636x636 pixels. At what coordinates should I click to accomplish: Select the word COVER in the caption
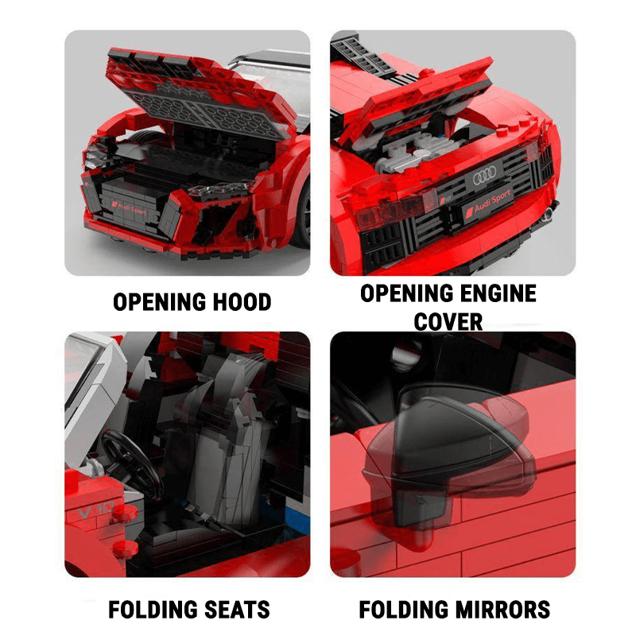coord(448,321)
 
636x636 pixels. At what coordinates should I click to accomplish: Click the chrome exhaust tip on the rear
coord(549,213)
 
